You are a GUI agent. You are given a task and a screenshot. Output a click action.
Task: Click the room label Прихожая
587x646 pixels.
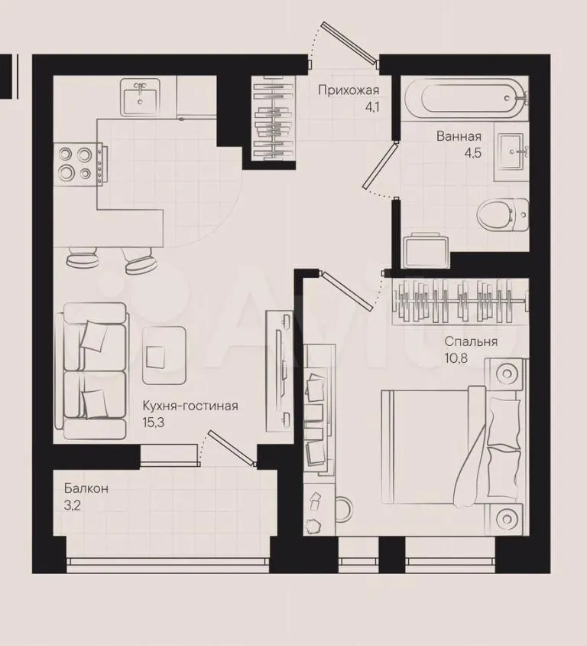[x=349, y=90]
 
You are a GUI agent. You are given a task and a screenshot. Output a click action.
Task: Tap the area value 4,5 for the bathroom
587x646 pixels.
[x=472, y=153]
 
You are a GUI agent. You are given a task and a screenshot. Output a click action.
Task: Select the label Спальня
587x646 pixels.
[x=471, y=341]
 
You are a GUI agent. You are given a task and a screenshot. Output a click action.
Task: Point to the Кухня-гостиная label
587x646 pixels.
[x=190, y=406]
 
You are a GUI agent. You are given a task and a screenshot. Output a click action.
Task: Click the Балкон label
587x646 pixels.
[x=86, y=488]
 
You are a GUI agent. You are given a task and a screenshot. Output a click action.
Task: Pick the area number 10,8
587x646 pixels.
[x=456, y=358]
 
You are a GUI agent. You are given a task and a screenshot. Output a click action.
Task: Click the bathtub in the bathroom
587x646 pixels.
[x=465, y=98]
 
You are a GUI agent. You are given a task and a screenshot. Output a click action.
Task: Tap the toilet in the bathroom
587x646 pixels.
[x=503, y=215]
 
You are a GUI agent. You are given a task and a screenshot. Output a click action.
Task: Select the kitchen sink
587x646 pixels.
[x=141, y=98]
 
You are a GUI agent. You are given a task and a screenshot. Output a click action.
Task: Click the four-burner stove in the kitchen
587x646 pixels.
[x=80, y=164]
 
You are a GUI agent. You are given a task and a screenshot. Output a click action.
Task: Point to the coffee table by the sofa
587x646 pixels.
[x=164, y=356]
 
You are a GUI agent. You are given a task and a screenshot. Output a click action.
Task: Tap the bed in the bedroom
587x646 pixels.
[x=452, y=444]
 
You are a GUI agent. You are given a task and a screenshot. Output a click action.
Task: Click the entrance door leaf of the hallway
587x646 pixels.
[x=350, y=44]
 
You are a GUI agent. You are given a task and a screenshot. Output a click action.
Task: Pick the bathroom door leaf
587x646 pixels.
[x=380, y=165]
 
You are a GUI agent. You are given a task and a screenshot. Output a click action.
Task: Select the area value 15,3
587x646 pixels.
[x=154, y=423]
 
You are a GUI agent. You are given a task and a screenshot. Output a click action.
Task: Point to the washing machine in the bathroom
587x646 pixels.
[x=426, y=250]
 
